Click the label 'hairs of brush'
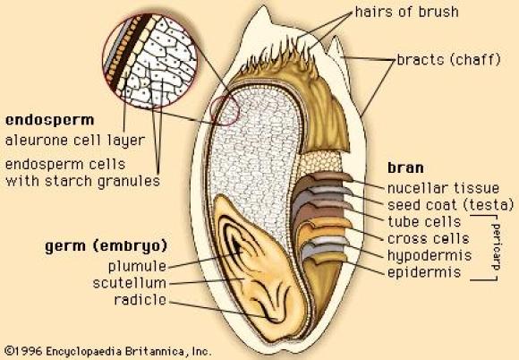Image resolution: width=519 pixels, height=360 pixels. [407, 13]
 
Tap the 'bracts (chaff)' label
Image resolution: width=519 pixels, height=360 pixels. [448, 60]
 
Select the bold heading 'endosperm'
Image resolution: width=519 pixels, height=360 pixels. [50, 121]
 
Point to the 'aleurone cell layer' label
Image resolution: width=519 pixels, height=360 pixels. [75, 141]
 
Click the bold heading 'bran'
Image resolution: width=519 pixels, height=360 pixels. [405, 168]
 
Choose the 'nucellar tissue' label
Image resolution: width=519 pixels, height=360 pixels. [443, 188]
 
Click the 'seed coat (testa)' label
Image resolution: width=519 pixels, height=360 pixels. [450, 205]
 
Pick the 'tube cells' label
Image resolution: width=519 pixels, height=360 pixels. [424, 221]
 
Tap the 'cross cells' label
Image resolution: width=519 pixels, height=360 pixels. [429, 238]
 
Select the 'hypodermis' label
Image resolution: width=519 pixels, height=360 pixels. [430, 256]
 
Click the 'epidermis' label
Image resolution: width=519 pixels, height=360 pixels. [424, 272]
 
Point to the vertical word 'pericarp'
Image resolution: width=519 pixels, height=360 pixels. [496, 247]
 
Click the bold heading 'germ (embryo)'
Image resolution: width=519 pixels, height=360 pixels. [106, 246]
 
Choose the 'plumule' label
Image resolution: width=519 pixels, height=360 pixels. [137, 266]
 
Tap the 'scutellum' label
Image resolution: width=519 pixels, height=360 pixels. [129, 283]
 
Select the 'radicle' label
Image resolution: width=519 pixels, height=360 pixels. [140, 300]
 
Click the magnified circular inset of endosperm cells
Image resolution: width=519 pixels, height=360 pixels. [149, 61]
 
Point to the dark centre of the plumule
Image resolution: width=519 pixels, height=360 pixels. [236, 245]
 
